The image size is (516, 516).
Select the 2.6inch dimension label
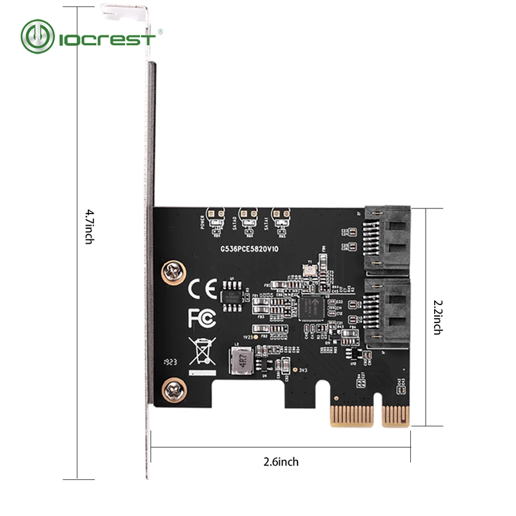[x=281, y=462]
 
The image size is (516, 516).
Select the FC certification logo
[x=198, y=318]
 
